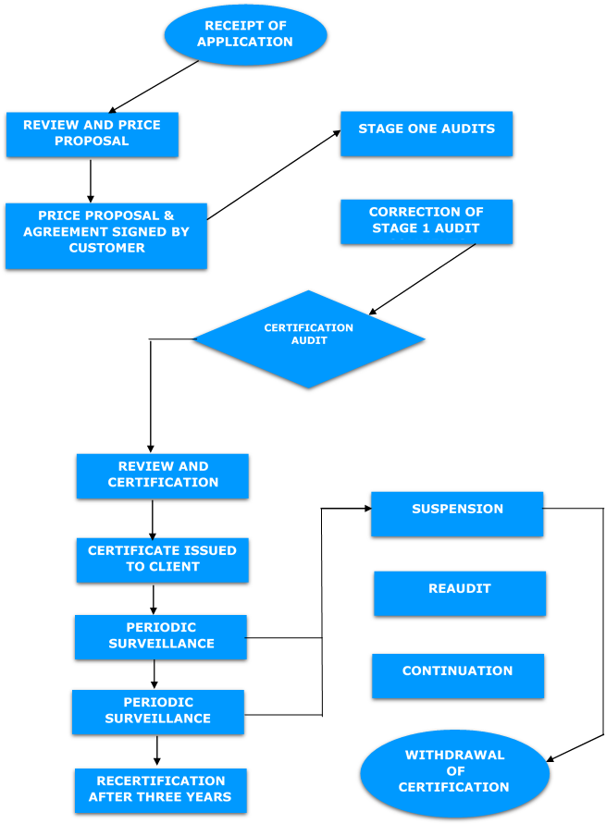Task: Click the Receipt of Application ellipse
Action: click(x=245, y=33)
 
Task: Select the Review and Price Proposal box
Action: click(x=91, y=134)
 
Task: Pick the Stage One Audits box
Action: click(x=426, y=133)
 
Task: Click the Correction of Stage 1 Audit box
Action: click(x=426, y=222)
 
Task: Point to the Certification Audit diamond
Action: click(x=308, y=339)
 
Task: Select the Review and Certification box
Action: click(x=163, y=475)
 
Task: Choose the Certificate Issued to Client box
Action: click(x=163, y=560)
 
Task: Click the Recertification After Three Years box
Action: click(x=161, y=790)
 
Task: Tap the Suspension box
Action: click(x=457, y=513)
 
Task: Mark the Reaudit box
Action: click(x=460, y=593)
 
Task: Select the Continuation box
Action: click(x=457, y=675)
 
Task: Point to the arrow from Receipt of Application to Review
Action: click(x=154, y=86)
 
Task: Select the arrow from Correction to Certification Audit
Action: click(x=422, y=278)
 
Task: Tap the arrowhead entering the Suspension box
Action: click(x=365, y=508)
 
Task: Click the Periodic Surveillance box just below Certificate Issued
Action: click(x=161, y=636)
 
